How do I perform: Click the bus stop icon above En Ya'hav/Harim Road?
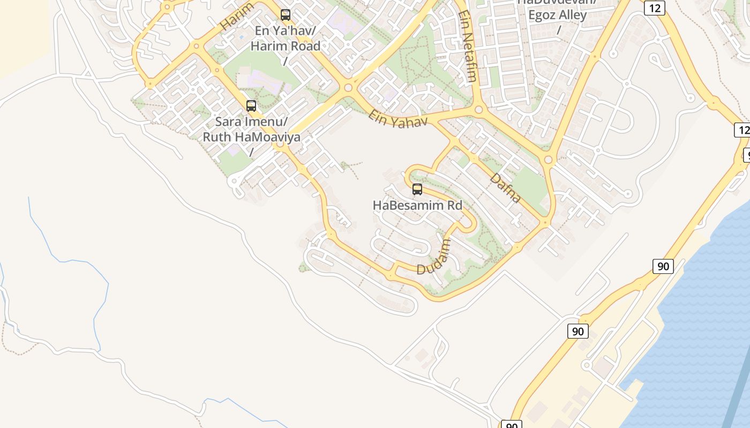pos(286,15)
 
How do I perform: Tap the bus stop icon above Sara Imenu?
pos(251,106)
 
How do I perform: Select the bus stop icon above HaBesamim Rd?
pos(417,189)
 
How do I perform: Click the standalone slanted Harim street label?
pos(236,17)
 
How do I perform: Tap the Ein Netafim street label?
pos(468,47)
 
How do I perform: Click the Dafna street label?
pos(505,187)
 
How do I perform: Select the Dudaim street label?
pos(434,257)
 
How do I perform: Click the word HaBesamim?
pos(404,205)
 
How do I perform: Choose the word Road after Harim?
pos(306,46)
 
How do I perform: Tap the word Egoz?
pos(543,15)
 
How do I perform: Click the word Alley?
pos(573,15)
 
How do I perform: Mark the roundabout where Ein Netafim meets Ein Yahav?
pos(479,110)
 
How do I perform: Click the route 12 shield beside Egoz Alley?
pos(655,7)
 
